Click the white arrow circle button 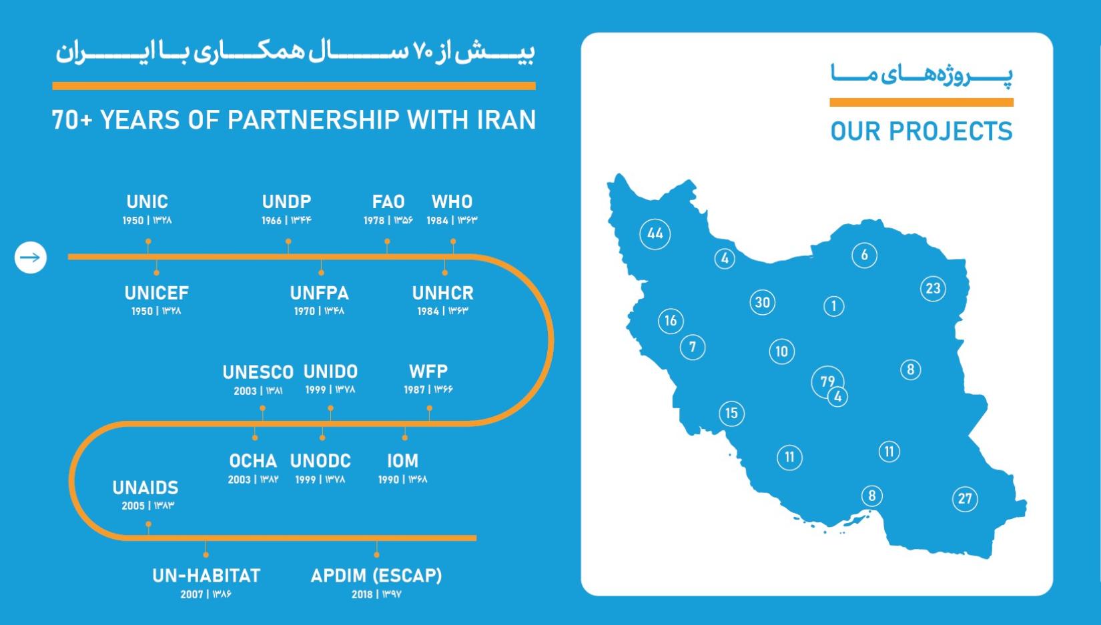[31, 257]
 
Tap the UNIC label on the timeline [147, 202]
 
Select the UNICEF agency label [156, 293]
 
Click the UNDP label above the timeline [286, 202]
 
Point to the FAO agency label [388, 202]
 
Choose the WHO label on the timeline [452, 202]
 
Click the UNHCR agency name [443, 293]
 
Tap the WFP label [428, 372]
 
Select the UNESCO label [258, 372]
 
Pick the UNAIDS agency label [145, 488]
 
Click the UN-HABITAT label [206, 576]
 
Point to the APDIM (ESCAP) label [376, 576]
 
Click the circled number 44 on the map [655, 234]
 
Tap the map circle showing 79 [827, 382]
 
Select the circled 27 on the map [965, 499]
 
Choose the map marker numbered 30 [762, 303]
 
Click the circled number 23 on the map [933, 288]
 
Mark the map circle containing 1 [833, 307]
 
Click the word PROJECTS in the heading [951, 131]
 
